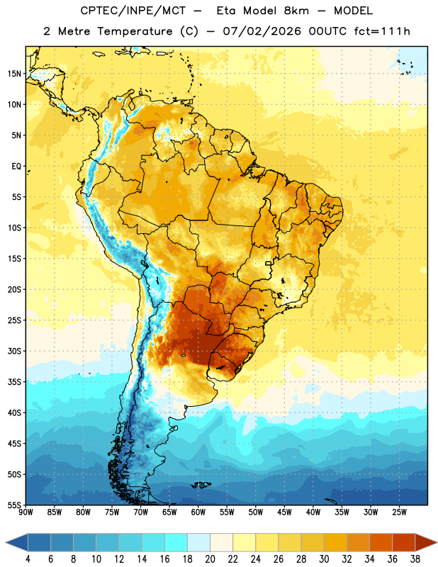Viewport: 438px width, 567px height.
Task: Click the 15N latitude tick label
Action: tap(14, 74)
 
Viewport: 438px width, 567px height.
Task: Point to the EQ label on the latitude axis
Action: tap(16, 167)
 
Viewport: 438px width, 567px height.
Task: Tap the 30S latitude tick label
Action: tap(14, 351)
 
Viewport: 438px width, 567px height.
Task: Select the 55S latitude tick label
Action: tap(14, 505)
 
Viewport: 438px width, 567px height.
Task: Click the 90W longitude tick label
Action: tap(26, 512)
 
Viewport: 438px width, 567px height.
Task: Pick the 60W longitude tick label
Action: tap(198, 512)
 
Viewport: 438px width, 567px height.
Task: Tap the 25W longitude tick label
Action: tap(399, 512)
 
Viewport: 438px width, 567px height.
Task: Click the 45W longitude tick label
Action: tap(284, 512)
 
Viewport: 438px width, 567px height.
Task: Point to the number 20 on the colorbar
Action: tap(210, 559)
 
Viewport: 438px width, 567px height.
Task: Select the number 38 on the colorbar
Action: tap(415, 559)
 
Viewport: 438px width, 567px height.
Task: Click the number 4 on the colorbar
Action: tap(28, 559)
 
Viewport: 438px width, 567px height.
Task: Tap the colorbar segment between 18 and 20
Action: tap(198, 543)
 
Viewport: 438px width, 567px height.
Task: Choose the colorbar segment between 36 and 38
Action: tap(404, 543)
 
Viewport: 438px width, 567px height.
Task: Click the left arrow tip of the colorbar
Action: tap(6, 543)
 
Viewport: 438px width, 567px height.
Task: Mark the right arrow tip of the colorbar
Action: tap(437, 543)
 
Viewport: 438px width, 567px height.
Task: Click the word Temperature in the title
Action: tap(135, 31)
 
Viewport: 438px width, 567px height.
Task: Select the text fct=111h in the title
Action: tap(382, 31)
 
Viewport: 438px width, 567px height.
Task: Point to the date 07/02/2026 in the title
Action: tap(262, 31)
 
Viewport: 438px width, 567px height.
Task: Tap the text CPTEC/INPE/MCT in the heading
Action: tap(133, 11)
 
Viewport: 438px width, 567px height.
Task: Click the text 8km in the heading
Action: tap(296, 11)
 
